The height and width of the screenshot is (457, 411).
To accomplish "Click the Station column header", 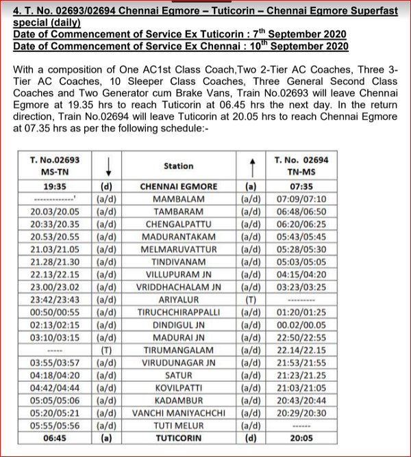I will (x=179, y=166).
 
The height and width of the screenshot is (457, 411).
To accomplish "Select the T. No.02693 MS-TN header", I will (x=55, y=166).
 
